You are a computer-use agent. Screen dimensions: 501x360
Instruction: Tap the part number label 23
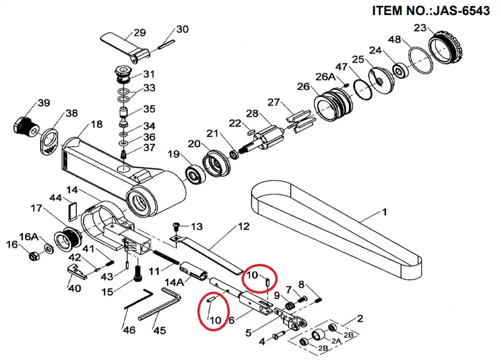click(420, 28)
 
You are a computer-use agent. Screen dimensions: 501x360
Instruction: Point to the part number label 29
click(140, 33)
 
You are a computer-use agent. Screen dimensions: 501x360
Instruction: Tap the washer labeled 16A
click(49, 248)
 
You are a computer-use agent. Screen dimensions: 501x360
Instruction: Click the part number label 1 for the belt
click(384, 212)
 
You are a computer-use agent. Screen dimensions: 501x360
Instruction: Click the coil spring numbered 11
click(166, 257)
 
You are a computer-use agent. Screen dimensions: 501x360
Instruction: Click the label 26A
click(326, 77)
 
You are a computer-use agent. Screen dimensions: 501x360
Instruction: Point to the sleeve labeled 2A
click(319, 335)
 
